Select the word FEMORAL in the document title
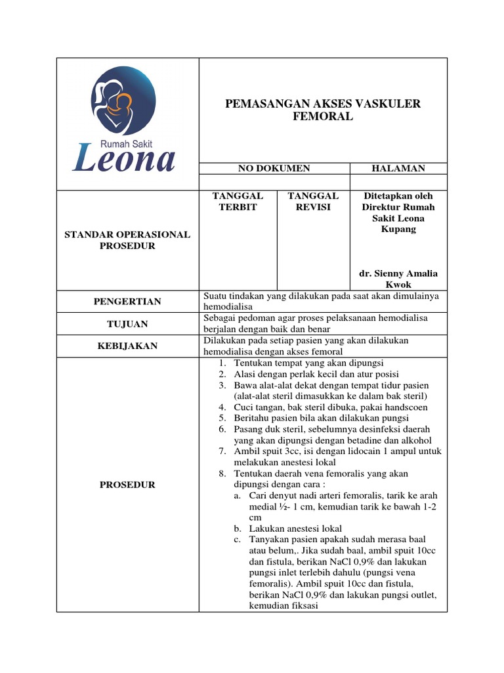tap(323, 117)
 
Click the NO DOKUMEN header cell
tap(274, 169)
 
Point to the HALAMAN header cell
tap(398, 169)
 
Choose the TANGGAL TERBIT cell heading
tap(238, 201)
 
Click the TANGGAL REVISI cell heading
tap(313, 201)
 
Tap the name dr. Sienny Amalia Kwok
tap(398, 279)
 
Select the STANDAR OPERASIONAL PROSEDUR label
tap(127, 240)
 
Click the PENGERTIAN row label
tap(127, 302)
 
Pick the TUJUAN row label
tap(127, 324)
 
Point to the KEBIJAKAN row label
tap(127, 346)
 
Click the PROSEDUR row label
tap(127, 484)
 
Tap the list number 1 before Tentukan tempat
tap(223, 363)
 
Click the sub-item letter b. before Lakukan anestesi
tap(238, 528)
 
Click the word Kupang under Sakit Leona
tap(398, 229)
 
